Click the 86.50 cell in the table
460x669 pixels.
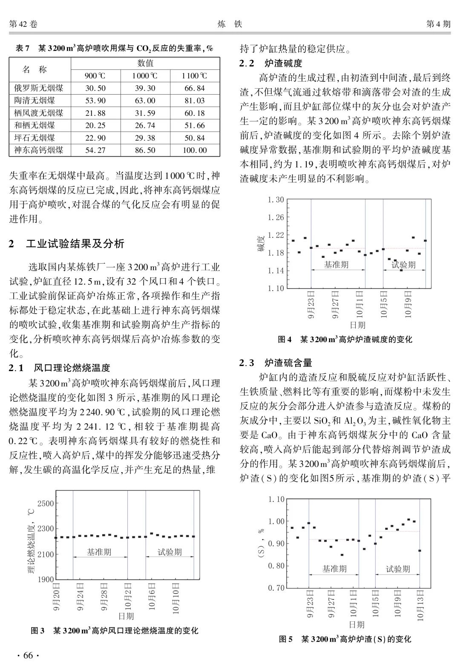[145, 150]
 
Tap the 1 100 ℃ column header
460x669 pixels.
[194, 76]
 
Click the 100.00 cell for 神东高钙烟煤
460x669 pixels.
[194, 150]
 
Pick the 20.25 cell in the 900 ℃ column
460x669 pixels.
[95, 125]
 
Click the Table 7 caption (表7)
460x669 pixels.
[114, 48]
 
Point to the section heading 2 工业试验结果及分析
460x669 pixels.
[67, 244]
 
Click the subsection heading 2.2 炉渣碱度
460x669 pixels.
[271, 63]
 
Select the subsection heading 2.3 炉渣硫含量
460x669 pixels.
[276, 363]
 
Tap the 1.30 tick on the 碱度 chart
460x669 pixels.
[276, 199]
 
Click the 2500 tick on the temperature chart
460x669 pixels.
[46, 503]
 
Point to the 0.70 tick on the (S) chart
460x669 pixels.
[276, 588]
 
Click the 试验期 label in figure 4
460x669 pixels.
[403, 265]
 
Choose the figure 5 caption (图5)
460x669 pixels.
[345, 639]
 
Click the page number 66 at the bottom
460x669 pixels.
[28, 655]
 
